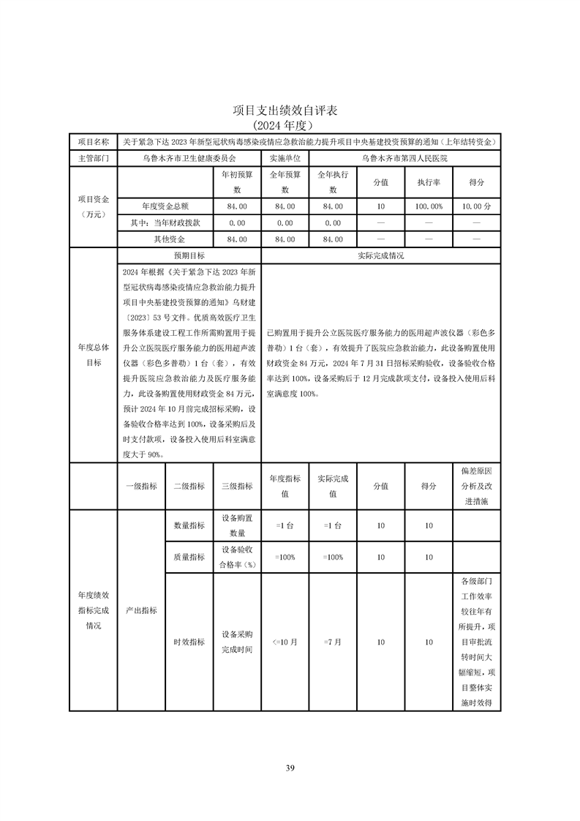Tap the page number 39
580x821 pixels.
coord(290,768)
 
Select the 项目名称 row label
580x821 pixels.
coord(93,141)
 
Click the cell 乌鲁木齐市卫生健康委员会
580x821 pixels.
coord(189,157)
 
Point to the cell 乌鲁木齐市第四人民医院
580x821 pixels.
coord(404,157)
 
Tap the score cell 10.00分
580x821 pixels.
coord(476,207)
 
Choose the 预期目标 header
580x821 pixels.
coord(189,256)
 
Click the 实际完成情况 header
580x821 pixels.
coord(380,256)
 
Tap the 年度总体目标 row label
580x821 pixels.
coord(93,355)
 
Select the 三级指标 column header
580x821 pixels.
coord(237,486)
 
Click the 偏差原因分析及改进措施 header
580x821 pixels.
coord(476,486)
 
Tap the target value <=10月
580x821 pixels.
coord(285,642)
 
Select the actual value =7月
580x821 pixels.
coord(332,642)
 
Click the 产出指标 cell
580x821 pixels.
coord(141,610)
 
